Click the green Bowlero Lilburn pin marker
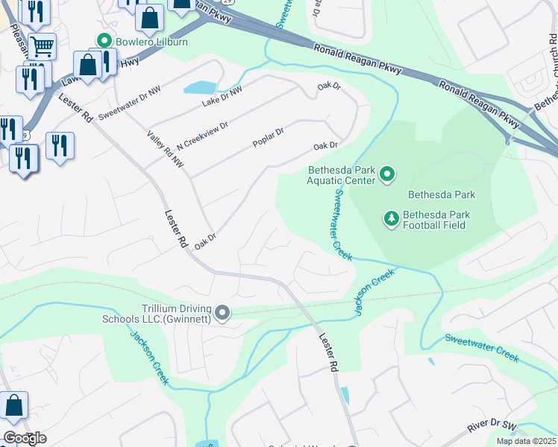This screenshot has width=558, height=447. click(104, 42)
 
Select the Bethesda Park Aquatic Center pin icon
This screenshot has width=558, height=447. click(387, 175)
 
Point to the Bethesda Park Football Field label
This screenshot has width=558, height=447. click(436, 218)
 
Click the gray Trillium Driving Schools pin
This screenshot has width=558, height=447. click(222, 314)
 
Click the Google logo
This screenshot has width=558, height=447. click(25, 438)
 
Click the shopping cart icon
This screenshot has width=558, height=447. click(42, 46)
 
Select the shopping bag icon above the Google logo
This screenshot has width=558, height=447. click(14, 406)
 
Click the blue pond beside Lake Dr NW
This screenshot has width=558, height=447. click(201, 87)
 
